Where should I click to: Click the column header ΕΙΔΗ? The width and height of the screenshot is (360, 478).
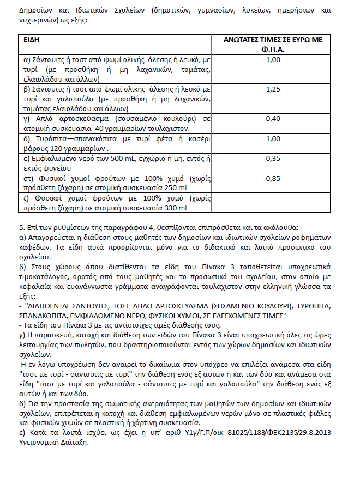(32, 40)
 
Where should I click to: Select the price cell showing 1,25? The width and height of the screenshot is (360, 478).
(272, 88)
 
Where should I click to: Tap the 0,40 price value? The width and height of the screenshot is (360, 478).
(272, 118)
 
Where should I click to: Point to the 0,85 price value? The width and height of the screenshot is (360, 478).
(272, 178)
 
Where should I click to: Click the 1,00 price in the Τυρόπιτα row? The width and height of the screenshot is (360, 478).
(272, 138)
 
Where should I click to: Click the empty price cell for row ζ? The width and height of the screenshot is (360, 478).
(272, 203)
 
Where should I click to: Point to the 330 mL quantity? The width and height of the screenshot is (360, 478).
(176, 208)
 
